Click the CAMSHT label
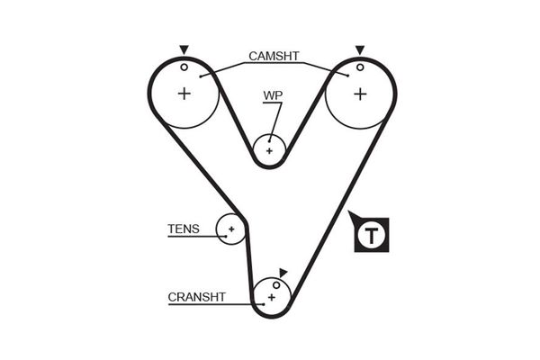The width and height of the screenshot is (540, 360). [x=274, y=56]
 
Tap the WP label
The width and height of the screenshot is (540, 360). [x=273, y=94]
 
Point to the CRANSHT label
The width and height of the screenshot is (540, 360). [x=196, y=296]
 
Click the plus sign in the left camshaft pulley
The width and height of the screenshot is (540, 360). [x=184, y=93]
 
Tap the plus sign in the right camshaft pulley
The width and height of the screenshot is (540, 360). [x=360, y=93]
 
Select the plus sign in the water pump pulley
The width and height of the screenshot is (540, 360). [x=269, y=149]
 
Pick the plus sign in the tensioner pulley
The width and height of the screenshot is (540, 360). [x=231, y=229]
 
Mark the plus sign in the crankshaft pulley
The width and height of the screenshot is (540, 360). [x=270, y=296]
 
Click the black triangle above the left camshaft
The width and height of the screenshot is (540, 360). [x=184, y=49]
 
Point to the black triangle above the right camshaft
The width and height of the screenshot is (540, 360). [x=360, y=49]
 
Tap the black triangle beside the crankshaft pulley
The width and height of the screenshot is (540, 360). [x=283, y=272]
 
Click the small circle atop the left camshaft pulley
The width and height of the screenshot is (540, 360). [x=184, y=66]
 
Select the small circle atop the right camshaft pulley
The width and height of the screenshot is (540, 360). [x=360, y=66]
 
